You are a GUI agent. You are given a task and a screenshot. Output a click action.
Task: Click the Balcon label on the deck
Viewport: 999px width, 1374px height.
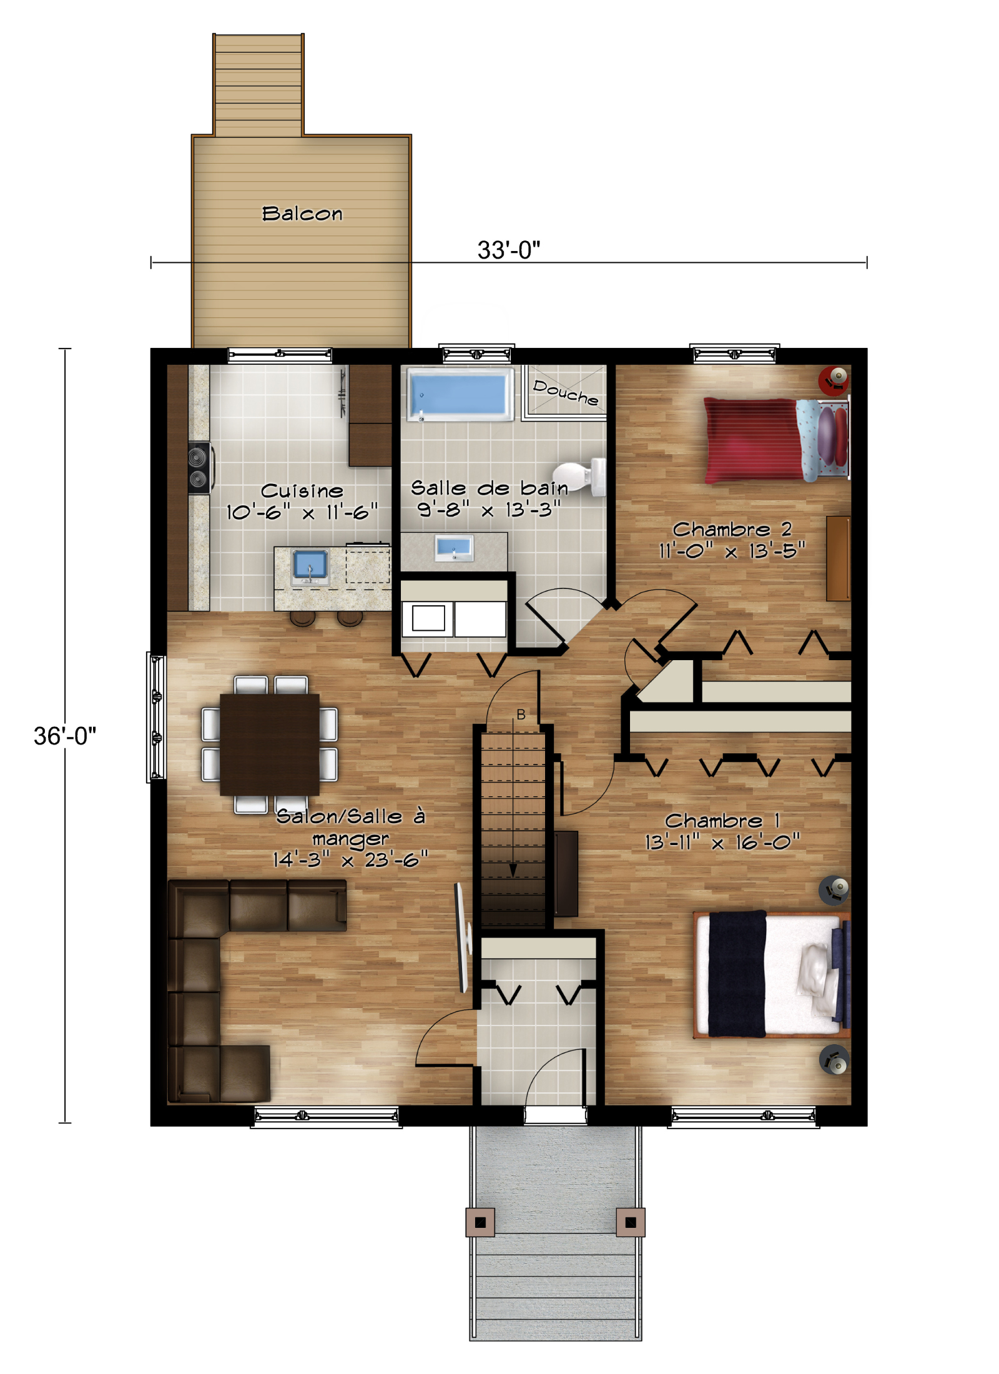pos(302,214)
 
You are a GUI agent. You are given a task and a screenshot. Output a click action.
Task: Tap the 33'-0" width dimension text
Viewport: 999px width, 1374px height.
pos(508,250)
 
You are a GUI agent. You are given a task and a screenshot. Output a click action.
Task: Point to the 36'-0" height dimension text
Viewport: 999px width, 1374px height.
pos(65,736)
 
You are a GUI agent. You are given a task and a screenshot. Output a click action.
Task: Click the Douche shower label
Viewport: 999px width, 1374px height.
pos(565,392)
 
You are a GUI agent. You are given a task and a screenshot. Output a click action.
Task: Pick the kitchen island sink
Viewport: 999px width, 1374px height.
pos(310,565)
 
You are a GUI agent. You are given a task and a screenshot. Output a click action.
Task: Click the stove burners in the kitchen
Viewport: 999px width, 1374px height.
pos(199,468)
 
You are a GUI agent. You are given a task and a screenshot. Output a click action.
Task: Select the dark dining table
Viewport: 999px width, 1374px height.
pos(269,744)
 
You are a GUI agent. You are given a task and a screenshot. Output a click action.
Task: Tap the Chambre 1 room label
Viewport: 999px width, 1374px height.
pos(722,820)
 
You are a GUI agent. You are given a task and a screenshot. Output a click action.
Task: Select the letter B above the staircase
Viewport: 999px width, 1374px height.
pos(521,714)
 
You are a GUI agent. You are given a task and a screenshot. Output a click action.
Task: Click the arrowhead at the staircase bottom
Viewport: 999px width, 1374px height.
pos(513,871)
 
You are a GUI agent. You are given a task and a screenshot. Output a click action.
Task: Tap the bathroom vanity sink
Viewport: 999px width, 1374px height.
pos(454,548)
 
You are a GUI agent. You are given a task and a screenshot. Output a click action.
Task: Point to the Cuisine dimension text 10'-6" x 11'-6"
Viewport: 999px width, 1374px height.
pos(302,513)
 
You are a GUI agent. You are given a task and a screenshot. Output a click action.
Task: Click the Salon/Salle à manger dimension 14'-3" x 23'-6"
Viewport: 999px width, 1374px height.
pos(350,860)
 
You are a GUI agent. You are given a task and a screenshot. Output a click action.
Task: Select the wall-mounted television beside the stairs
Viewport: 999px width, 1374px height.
pos(462,937)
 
